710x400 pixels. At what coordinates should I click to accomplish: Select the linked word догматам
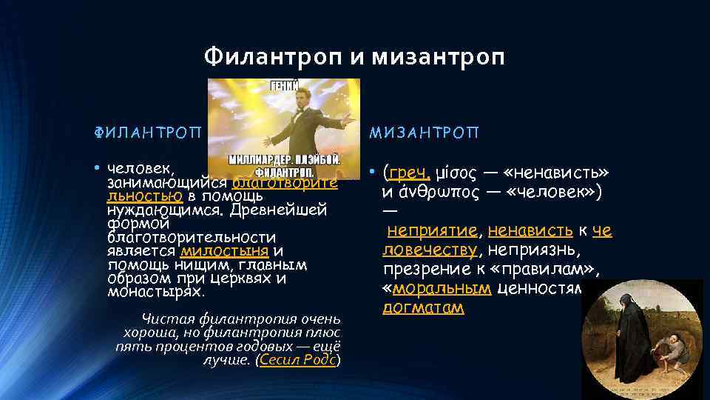[x=423, y=307]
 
